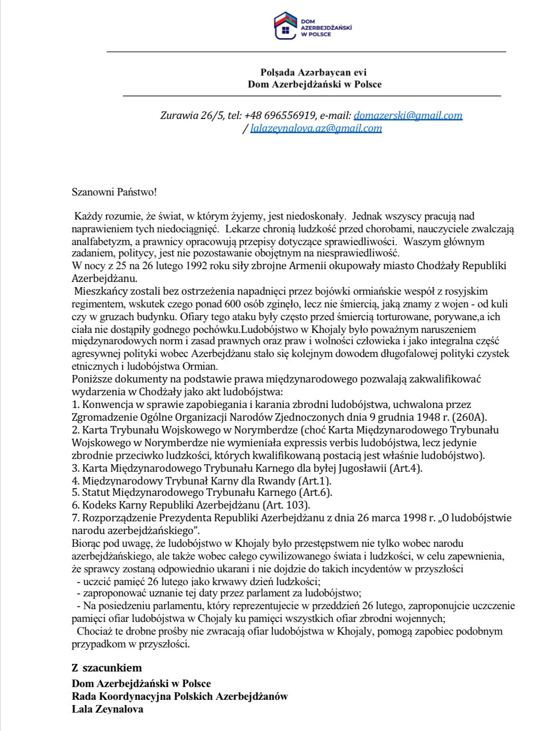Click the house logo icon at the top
[x=285, y=26]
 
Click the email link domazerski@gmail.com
[x=408, y=115]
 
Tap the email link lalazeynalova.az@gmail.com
[x=316, y=128]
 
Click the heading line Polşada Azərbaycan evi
[x=314, y=72]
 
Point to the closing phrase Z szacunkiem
[x=107, y=668]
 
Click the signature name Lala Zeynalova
[x=108, y=709]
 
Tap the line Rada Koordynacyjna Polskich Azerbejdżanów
[x=180, y=696]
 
